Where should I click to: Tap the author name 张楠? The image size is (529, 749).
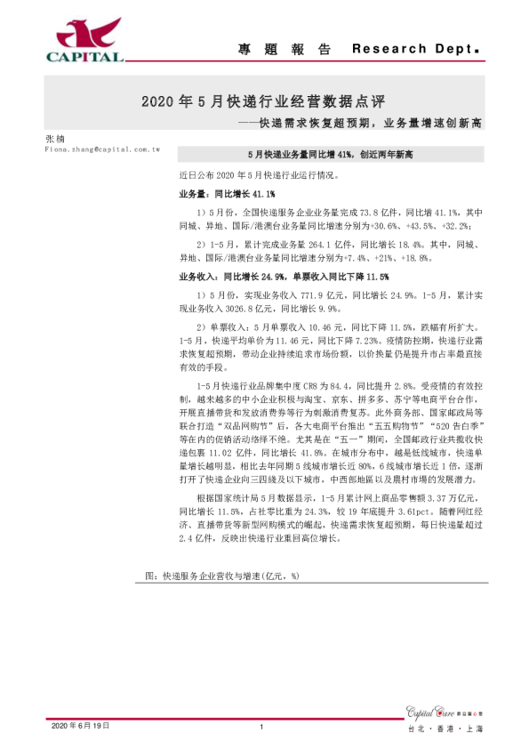click(x=54, y=140)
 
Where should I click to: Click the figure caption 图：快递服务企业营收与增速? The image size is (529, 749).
click(x=221, y=576)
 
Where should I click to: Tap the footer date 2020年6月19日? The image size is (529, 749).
click(x=78, y=727)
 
